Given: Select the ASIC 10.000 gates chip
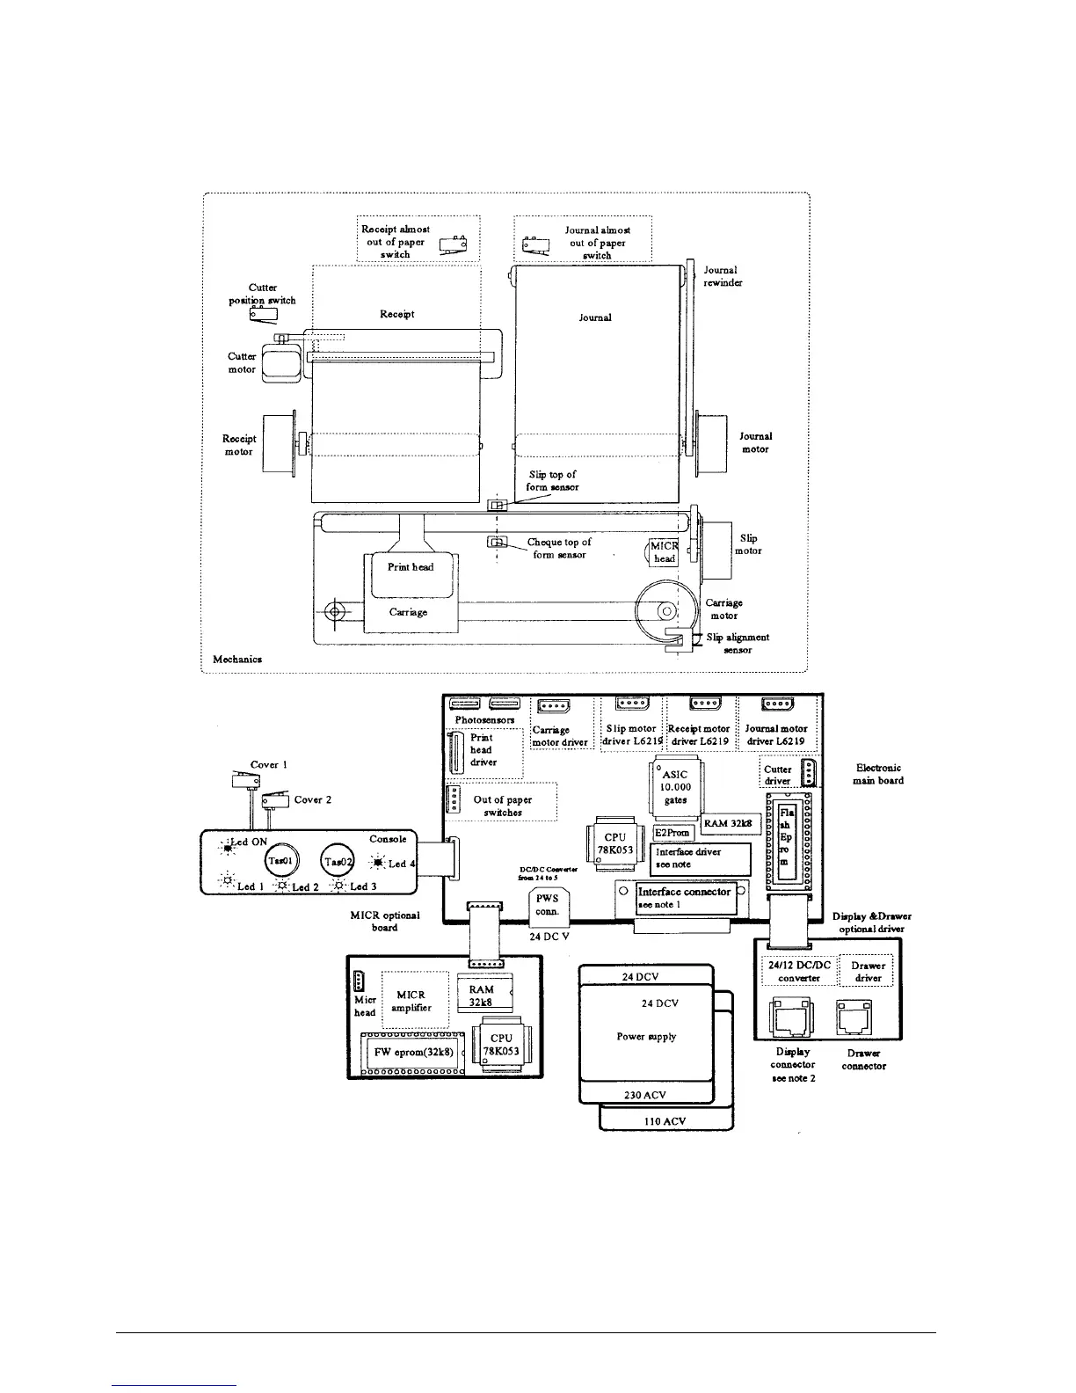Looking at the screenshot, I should click(674, 787).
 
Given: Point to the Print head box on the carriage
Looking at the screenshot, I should click(411, 567).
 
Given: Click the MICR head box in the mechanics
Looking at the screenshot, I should click(665, 552).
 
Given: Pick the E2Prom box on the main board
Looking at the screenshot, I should click(672, 833).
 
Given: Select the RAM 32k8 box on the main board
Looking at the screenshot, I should click(731, 823).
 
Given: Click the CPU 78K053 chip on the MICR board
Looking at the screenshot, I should click(501, 1045).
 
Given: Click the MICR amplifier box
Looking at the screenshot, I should click(411, 1002).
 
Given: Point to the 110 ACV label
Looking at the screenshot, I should click(665, 1121).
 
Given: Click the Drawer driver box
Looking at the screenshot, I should click(867, 971).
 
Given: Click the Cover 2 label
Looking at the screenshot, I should click(312, 799).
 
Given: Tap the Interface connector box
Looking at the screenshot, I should click(684, 897).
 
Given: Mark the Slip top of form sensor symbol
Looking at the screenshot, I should click(497, 506).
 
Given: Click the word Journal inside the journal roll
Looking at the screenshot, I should click(595, 317).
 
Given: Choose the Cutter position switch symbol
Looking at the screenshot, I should click(263, 313).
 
